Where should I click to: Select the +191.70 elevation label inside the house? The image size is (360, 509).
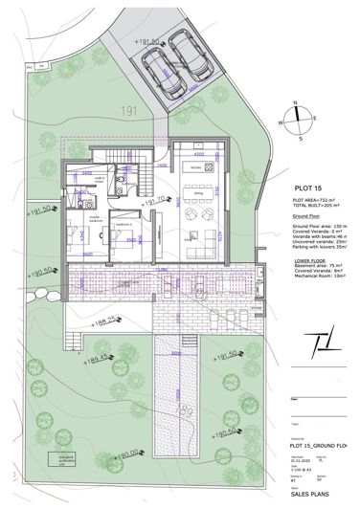tap(153, 203)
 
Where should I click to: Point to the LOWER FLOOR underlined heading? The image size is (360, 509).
tap(309, 257)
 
